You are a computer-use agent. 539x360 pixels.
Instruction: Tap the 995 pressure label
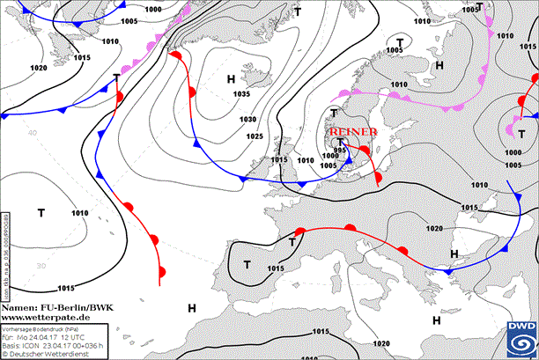pos(340,151)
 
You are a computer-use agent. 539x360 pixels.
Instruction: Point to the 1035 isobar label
pos(241,94)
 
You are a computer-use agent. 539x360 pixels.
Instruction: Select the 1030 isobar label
pos(248,120)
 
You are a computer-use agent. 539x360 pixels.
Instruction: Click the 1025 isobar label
pos(255,136)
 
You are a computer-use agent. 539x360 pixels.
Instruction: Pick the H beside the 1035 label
pos(231,80)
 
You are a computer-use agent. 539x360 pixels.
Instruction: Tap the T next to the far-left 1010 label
pos(41,212)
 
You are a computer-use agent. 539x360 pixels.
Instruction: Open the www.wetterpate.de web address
pos(46,316)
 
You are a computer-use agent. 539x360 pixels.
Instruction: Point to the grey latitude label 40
pos(32,133)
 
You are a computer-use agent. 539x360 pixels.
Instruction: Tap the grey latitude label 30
pos(40,265)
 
